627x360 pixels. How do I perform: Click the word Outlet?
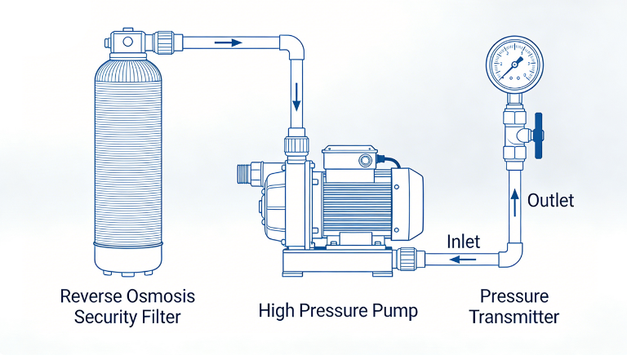click(550, 200)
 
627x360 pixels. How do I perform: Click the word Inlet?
click(464, 242)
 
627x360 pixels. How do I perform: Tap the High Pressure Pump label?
click(338, 311)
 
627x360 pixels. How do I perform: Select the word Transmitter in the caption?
click(514, 317)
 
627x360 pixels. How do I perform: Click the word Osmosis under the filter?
click(161, 296)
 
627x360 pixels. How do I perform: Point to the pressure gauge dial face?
click(514, 64)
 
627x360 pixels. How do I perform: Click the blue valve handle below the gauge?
click(538, 136)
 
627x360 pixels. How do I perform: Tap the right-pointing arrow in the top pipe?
click(229, 42)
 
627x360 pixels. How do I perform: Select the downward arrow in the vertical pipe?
click(296, 97)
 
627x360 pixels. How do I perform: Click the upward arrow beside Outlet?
click(515, 202)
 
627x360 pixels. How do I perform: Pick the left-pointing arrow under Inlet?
click(463, 260)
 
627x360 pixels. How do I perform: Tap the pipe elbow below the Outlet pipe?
click(511, 256)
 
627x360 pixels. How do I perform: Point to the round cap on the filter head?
click(127, 41)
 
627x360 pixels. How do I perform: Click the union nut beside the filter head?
click(163, 42)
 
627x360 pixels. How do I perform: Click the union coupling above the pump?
click(296, 146)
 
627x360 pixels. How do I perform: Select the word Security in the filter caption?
click(100, 318)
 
